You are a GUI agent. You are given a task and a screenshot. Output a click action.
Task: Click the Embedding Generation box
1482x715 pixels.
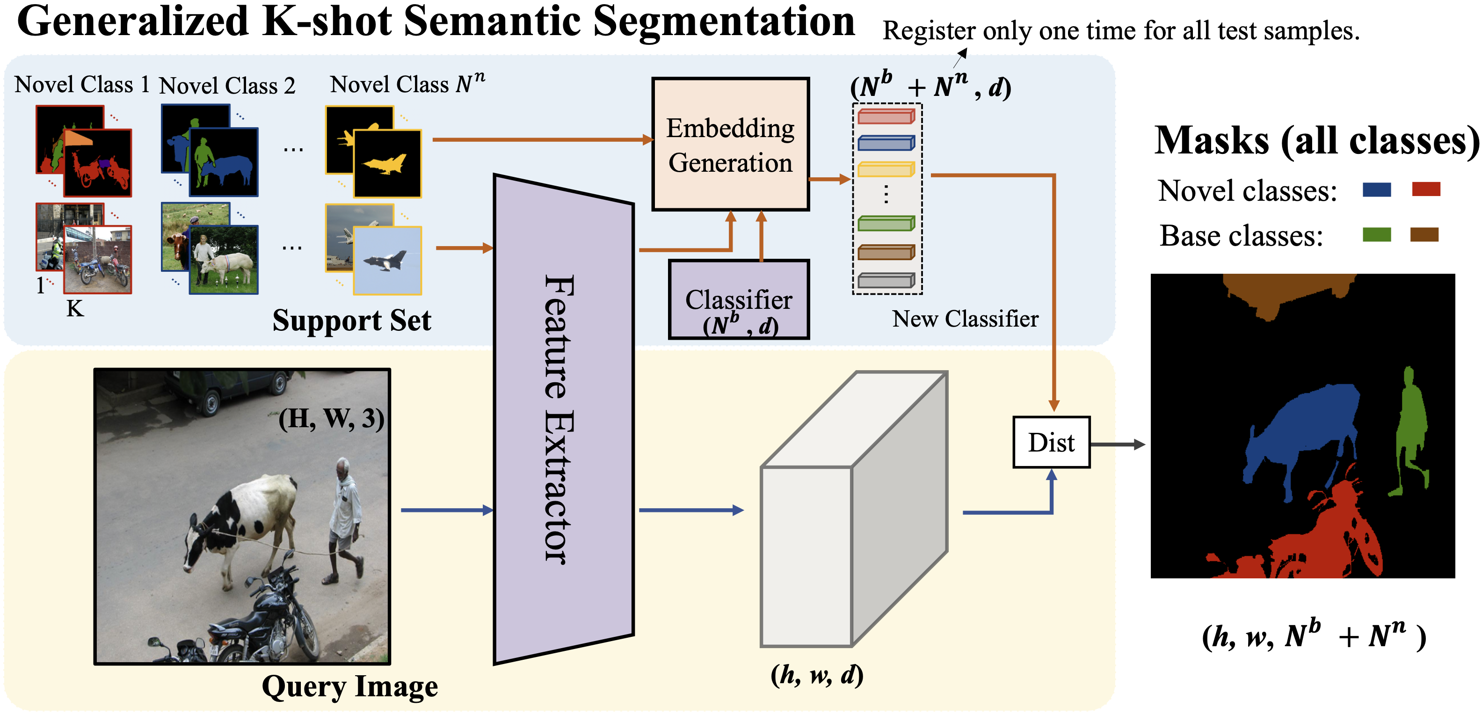(730, 145)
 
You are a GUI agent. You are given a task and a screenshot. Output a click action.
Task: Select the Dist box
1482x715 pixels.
(1051, 442)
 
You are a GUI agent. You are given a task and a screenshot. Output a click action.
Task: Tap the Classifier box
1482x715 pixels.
(739, 300)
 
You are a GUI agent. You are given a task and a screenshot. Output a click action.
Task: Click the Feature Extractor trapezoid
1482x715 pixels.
(564, 419)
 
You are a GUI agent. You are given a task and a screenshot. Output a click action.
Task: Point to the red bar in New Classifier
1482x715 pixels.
(886, 117)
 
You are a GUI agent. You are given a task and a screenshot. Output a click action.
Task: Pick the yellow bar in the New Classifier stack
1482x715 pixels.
(886, 170)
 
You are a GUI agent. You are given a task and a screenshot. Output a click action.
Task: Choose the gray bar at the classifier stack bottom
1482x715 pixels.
(886, 280)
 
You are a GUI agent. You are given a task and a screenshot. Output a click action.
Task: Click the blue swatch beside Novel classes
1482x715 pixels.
(1377, 190)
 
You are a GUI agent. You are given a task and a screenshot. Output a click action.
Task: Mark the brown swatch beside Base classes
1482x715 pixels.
(1424, 235)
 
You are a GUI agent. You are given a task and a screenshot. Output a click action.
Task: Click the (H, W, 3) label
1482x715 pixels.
(331, 418)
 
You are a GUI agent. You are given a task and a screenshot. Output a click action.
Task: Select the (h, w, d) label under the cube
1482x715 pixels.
(817, 675)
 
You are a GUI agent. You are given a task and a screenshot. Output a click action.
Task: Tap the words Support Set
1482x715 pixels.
(351, 321)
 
